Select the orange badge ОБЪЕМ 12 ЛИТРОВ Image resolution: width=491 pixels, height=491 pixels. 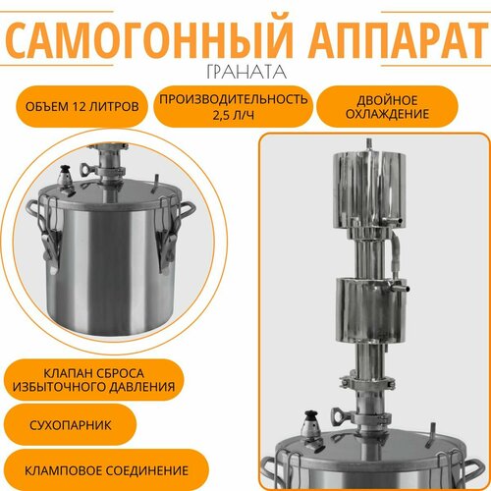click(x=79, y=105)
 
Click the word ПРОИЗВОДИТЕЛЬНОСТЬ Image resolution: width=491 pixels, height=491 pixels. click(x=232, y=98)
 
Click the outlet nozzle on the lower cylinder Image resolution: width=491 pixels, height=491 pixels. click(x=404, y=292)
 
